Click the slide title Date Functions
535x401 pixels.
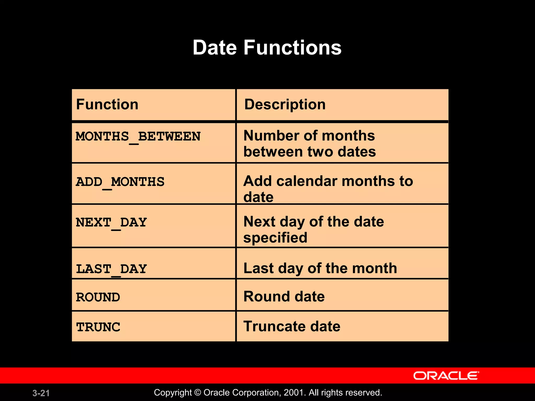(267, 48)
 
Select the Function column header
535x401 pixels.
(107, 104)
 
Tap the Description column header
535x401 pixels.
(285, 104)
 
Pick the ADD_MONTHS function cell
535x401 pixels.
(120, 182)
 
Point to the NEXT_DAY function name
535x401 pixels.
(111, 223)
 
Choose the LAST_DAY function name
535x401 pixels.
(111, 269)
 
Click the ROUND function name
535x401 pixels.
(98, 297)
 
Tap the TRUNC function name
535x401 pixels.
(98, 327)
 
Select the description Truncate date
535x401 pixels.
(292, 326)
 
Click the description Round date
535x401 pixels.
(284, 297)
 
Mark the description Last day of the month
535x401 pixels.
(320, 268)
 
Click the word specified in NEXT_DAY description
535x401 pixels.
(275, 238)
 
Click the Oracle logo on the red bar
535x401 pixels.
(446, 376)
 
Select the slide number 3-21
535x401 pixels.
(41, 393)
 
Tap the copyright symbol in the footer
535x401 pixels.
(198, 393)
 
